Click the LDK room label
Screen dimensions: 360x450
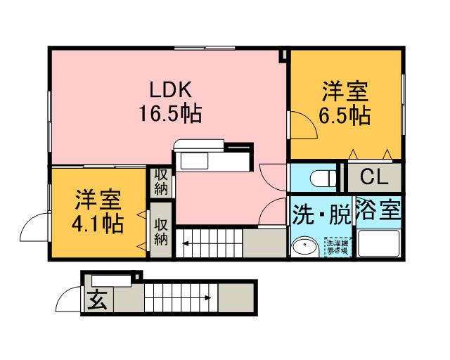pyautogui.click(x=170, y=89)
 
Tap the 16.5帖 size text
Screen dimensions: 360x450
pyautogui.click(x=170, y=112)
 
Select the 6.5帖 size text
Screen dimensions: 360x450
pyautogui.click(x=345, y=115)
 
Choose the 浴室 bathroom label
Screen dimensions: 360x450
pyautogui.click(x=378, y=210)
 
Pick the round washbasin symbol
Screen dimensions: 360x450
pyautogui.click(x=304, y=248)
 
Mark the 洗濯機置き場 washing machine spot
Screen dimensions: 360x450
pyautogui.click(x=336, y=247)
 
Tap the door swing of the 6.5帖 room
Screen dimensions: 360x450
pyautogui.click(x=301, y=124)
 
